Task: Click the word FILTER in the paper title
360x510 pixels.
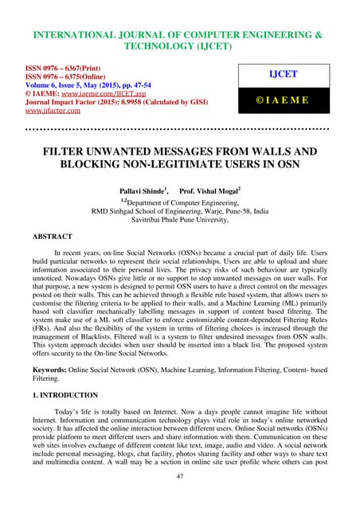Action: (62, 151)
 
